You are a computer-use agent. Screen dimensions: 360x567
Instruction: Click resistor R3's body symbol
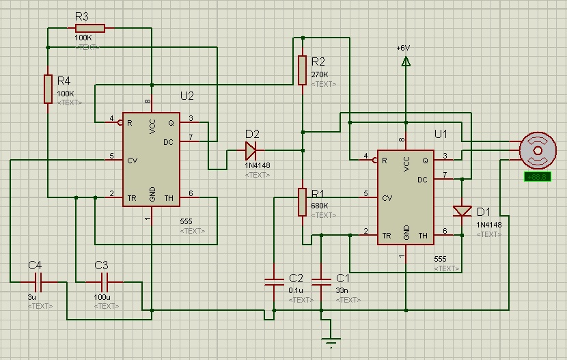pyautogui.click(x=89, y=28)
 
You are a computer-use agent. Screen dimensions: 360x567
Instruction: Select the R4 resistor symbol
pyautogui.click(x=48, y=89)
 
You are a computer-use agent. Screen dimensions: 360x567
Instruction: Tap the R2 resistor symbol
pyautogui.click(x=302, y=70)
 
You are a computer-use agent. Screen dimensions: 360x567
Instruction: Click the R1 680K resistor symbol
pyautogui.click(x=302, y=202)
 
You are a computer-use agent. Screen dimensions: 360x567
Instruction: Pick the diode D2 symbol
pyautogui.click(x=251, y=148)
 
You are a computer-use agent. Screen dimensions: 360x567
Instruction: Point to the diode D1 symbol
pyautogui.click(x=462, y=210)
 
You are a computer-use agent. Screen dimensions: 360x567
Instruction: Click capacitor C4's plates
pyautogui.click(x=38, y=281)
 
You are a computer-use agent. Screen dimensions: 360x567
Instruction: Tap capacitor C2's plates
pyautogui.click(x=274, y=281)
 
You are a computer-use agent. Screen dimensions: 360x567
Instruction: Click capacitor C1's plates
pyautogui.click(x=321, y=281)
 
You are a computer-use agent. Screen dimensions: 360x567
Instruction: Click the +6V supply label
pyautogui.click(x=403, y=49)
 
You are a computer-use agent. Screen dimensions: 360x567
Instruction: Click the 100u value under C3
pyautogui.click(x=102, y=297)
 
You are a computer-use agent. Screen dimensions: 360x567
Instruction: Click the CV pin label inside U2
pyautogui.click(x=134, y=161)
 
